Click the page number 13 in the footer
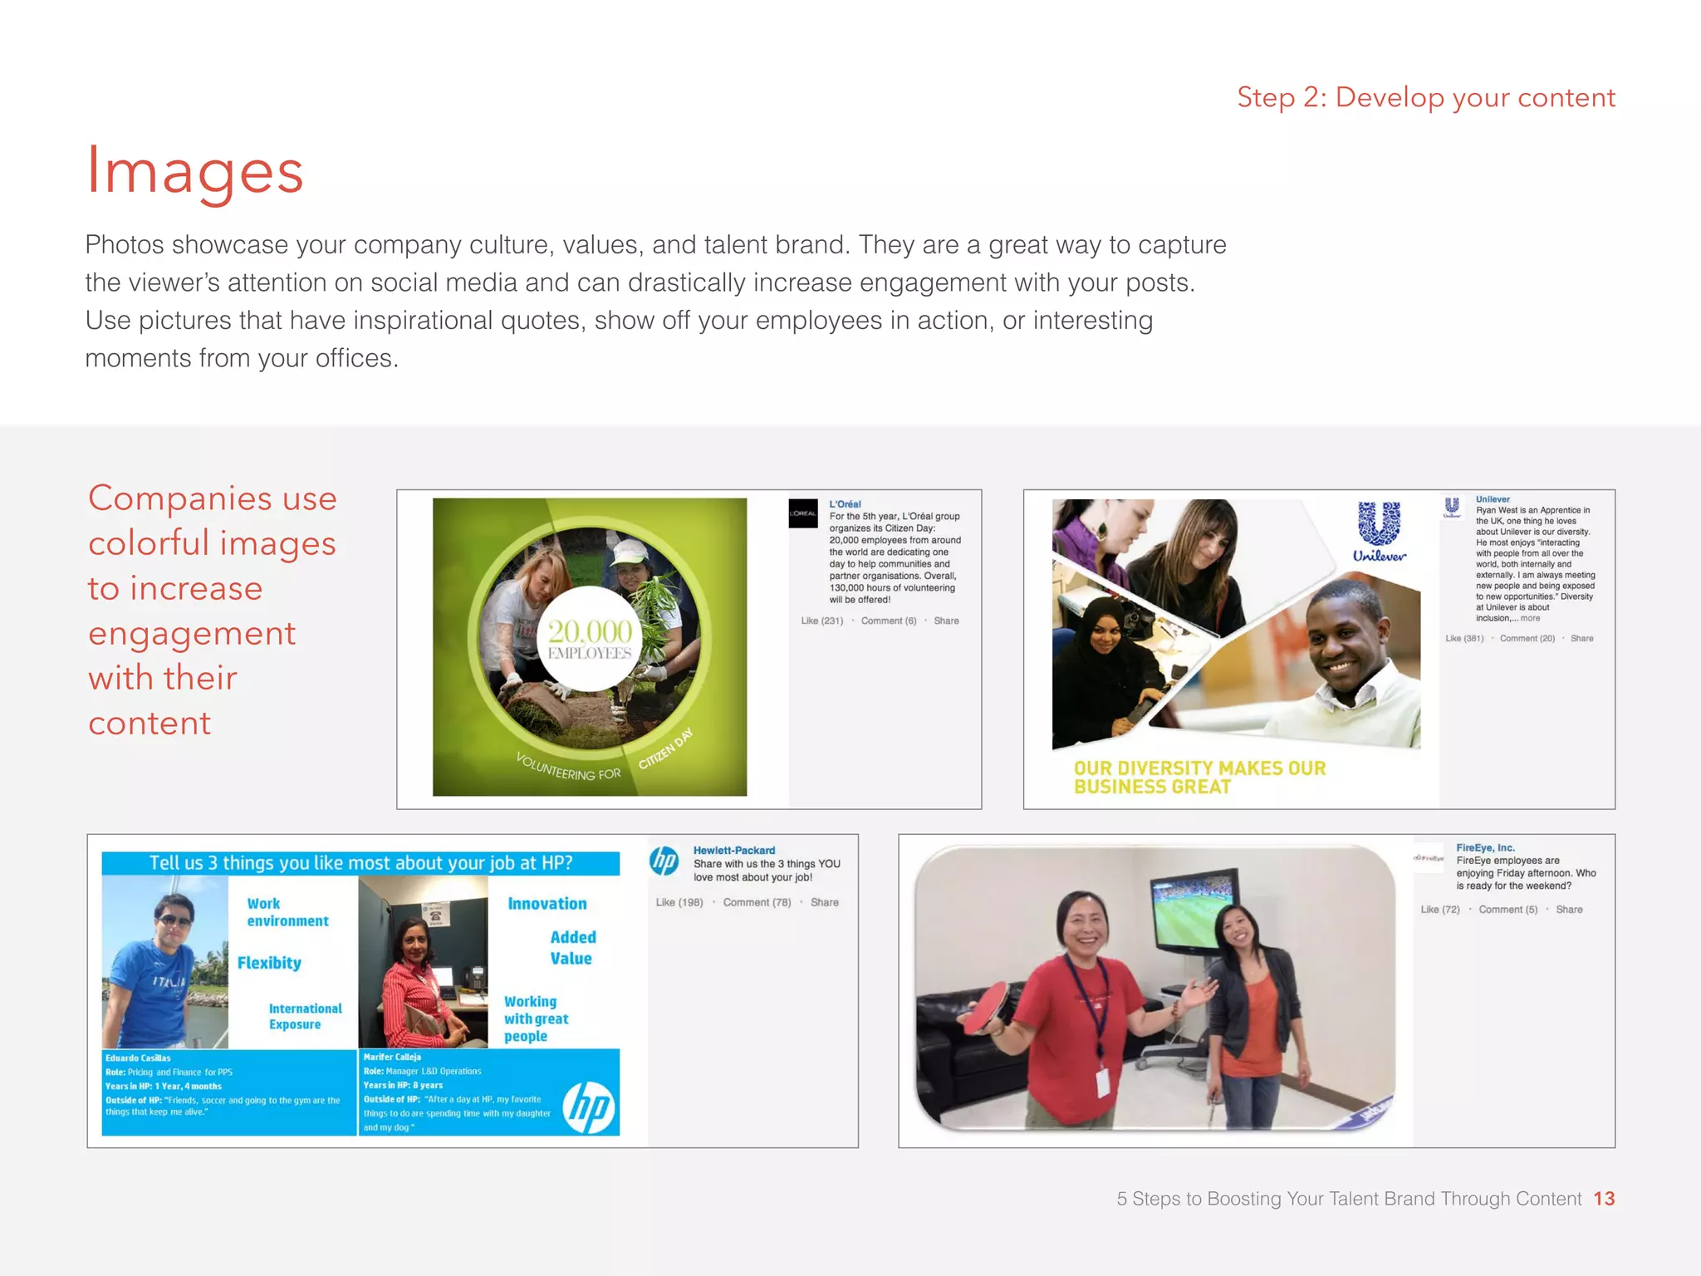click(x=1603, y=1199)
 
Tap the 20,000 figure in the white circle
click(x=590, y=631)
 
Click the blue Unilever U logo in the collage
click(x=1379, y=524)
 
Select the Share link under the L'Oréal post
click(x=946, y=621)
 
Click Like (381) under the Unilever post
click(x=1464, y=639)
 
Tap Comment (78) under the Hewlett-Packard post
click(x=757, y=902)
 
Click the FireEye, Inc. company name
click(x=1485, y=848)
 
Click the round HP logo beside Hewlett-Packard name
click(x=664, y=861)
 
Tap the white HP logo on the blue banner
click(x=589, y=1108)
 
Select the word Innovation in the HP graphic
click(x=547, y=904)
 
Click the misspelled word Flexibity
click(x=269, y=963)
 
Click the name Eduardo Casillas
click(x=138, y=1058)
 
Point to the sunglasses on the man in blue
click(x=173, y=920)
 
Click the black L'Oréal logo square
click(x=803, y=513)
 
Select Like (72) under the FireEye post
click(x=1439, y=910)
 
